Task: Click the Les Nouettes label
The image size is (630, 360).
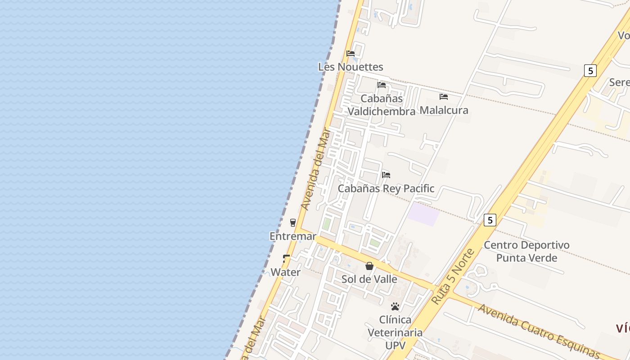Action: tap(351, 67)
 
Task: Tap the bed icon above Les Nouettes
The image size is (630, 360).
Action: tap(351, 54)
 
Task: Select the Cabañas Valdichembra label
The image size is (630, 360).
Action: tap(382, 105)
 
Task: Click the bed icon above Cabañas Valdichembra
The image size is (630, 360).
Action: tap(382, 85)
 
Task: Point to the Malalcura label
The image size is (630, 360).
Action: tap(444, 110)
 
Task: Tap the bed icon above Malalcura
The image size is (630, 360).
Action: tap(444, 96)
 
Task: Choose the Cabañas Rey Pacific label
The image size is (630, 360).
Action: tap(386, 189)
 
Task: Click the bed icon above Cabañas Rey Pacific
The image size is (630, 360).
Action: tap(386, 175)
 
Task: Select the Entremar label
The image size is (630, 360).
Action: tap(292, 236)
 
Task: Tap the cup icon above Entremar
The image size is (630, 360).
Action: tap(293, 222)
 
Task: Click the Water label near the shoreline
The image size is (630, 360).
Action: tap(285, 272)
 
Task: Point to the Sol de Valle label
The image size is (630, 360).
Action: tap(369, 279)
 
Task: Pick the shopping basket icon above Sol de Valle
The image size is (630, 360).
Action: tap(369, 266)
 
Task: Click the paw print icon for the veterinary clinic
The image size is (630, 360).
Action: tap(395, 306)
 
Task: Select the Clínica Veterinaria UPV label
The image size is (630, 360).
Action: tap(395, 333)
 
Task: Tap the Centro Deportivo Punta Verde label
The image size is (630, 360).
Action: tap(526, 252)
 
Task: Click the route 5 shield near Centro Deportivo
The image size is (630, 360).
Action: tap(490, 220)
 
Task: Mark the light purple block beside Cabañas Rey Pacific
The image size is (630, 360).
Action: tap(423, 214)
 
